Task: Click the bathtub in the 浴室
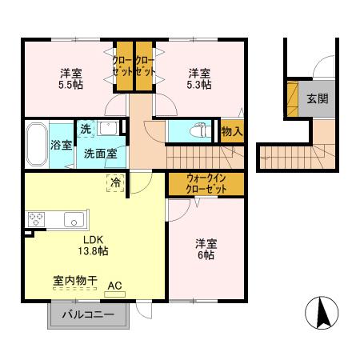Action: coord(37,144)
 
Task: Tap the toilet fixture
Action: coord(198,130)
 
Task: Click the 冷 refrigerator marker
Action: coord(115,182)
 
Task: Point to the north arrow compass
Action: coord(322,312)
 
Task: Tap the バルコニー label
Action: coord(88,315)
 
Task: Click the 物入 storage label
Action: coord(232,130)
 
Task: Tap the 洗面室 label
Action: coord(102,153)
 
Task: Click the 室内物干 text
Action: coord(74,281)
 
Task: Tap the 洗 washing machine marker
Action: coord(85,130)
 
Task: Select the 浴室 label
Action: coord(62,145)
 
